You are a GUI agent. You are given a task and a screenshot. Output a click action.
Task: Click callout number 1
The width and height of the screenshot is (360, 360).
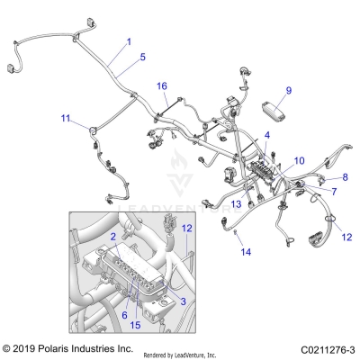(128, 42)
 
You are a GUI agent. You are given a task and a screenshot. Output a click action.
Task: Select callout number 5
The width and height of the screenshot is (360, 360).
(142, 58)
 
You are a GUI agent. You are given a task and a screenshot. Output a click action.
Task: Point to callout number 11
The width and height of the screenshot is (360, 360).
(65, 118)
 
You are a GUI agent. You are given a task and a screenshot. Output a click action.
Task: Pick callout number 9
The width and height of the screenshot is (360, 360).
(289, 90)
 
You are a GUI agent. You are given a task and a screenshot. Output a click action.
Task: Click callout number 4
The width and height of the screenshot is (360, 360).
(266, 135)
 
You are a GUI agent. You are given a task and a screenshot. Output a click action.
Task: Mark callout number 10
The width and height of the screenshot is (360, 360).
(300, 159)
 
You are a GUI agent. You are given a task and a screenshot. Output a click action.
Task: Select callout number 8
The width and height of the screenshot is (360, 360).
(345, 176)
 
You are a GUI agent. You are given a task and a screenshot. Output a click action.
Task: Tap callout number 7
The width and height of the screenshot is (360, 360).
(334, 192)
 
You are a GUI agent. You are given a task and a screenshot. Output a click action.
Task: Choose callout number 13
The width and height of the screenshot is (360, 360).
(236, 205)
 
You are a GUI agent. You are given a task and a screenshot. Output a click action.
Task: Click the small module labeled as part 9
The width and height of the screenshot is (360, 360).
(273, 108)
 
